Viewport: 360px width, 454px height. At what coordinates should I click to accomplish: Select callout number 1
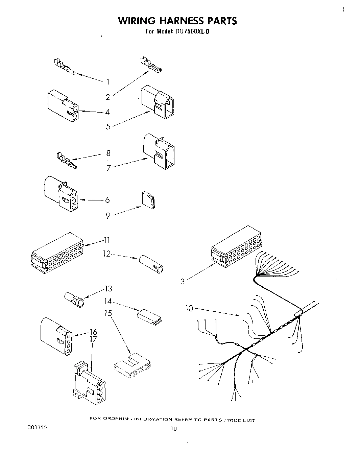(x=107, y=81)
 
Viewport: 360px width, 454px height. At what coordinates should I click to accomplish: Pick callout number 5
(x=108, y=127)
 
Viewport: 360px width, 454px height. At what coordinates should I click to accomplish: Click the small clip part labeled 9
(x=149, y=200)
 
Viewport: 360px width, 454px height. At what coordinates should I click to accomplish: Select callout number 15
(x=108, y=313)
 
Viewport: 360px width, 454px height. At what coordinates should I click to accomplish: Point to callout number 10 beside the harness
(x=189, y=308)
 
